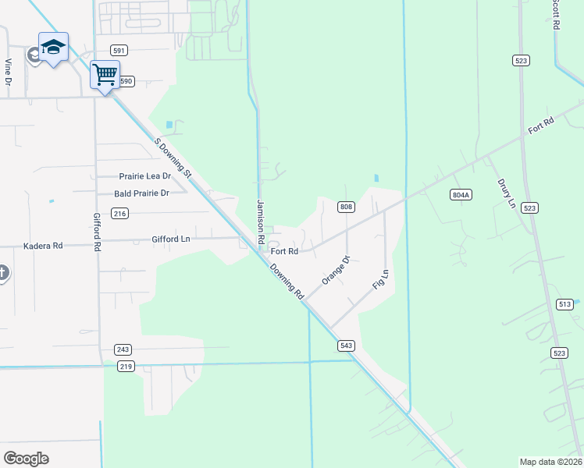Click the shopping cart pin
(x=104, y=75)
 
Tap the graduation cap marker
(x=53, y=48)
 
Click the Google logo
(x=27, y=459)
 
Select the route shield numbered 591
(x=119, y=51)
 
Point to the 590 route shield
(x=126, y=81)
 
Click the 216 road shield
(x=119, y=213)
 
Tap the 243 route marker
(x=122, y=349)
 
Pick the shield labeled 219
(x=126, y=366)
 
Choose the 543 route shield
(x=347, y=345)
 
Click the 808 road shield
(x=347, y=207)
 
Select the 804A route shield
(x=461, y=194)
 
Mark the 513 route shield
(x=566, y=304)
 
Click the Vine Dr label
(x=9, y=72)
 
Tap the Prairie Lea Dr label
(x=144, y=176)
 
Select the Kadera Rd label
(x=43, y=245)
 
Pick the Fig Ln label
(x=381, y=279)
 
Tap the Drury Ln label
(x=507, y=193)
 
